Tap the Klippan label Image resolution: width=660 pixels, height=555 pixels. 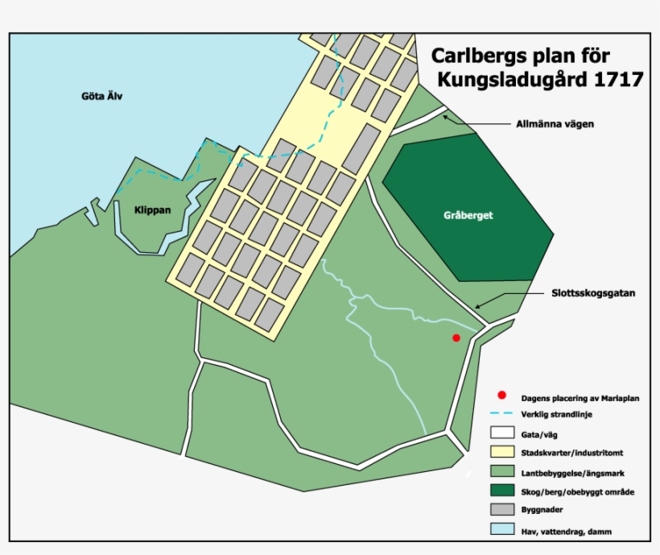(152, 209)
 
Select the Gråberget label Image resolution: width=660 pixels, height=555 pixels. (468, 216)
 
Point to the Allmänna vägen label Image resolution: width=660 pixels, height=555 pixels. (555, 125)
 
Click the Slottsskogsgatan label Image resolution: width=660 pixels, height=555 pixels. (594, 293)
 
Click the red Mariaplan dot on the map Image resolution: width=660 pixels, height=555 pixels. (456, 338)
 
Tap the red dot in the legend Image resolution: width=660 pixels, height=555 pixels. (502, 396)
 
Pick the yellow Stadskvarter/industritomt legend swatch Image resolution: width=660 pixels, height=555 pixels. (502, 452)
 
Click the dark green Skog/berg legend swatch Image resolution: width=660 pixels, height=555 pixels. (502, 491)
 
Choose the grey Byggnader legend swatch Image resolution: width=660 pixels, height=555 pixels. (502, 510)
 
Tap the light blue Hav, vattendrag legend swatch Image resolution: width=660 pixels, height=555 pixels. (502, 529)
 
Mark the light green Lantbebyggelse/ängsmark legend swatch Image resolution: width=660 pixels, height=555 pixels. (502, 471)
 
